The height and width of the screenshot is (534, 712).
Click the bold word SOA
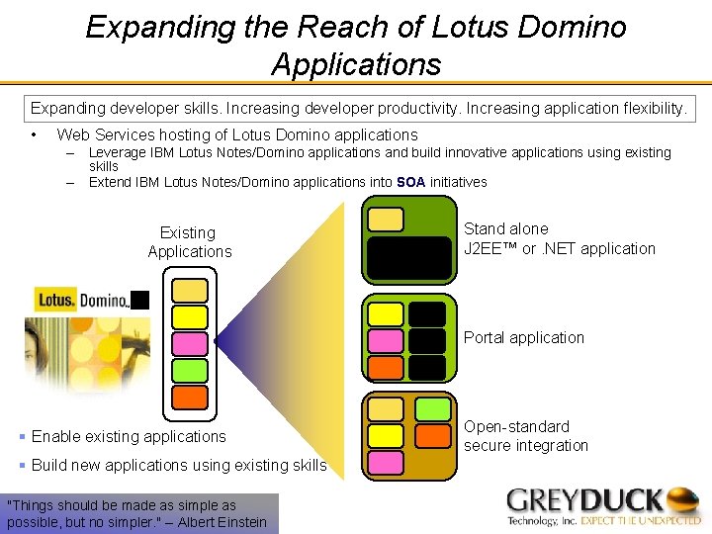410,182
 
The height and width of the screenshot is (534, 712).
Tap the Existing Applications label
189,242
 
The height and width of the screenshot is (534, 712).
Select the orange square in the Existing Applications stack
190,398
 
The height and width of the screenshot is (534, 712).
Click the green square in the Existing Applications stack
190,371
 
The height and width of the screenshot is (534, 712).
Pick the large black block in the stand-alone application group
408,256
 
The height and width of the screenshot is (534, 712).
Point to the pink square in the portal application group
386,341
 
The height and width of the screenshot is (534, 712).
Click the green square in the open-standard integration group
432,408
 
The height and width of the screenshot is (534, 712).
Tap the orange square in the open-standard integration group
432,435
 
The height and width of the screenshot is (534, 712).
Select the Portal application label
524,337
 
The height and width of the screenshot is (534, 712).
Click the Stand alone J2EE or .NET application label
560,238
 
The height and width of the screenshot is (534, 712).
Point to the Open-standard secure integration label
526,436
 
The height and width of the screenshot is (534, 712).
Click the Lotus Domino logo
81,300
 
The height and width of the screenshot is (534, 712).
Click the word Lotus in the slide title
470,27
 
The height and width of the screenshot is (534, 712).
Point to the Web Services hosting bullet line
237,134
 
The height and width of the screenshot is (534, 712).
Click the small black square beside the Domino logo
139,300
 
